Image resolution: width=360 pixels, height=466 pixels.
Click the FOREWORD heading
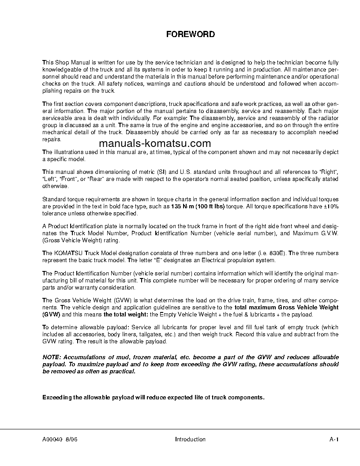(190, 34)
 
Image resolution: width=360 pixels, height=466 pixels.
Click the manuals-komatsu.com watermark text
(155, 143)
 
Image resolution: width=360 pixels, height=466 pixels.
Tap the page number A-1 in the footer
(334, 439)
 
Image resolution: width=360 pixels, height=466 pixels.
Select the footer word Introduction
(190, 439)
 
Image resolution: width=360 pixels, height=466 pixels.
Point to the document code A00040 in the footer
(52, 439)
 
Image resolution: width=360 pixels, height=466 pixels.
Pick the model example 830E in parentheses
(278, 253)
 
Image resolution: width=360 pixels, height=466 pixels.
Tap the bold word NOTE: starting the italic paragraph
(52, 357)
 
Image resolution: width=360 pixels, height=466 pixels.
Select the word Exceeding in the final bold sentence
(56, 397)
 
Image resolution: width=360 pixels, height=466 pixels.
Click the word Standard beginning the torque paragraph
(53, 199)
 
